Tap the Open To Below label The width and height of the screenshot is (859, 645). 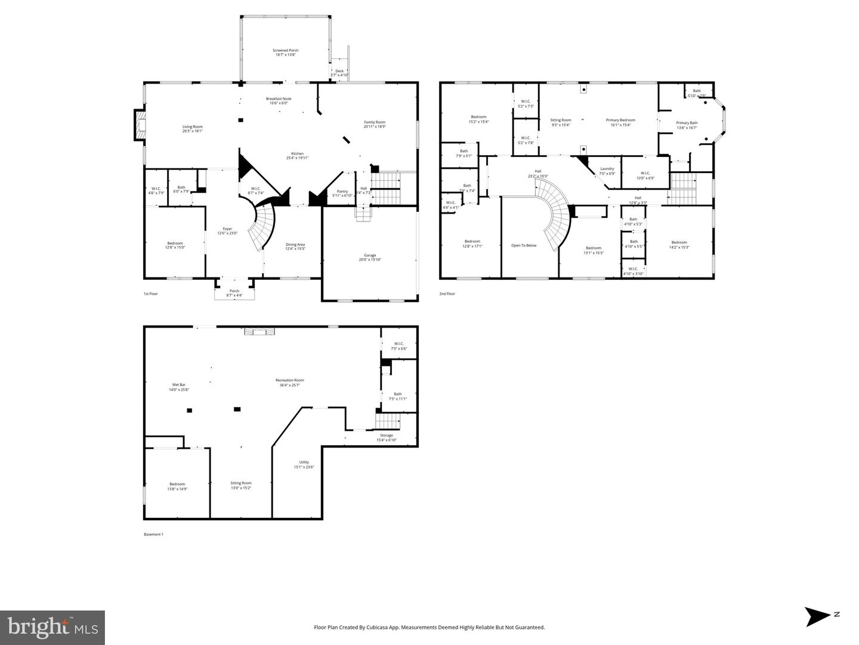pos(524,245)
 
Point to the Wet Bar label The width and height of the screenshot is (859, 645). pos(178,387)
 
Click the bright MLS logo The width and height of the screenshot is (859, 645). pos(52,627)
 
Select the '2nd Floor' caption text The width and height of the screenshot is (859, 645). pos(447,294)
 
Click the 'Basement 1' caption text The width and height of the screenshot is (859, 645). pos(153,534)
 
